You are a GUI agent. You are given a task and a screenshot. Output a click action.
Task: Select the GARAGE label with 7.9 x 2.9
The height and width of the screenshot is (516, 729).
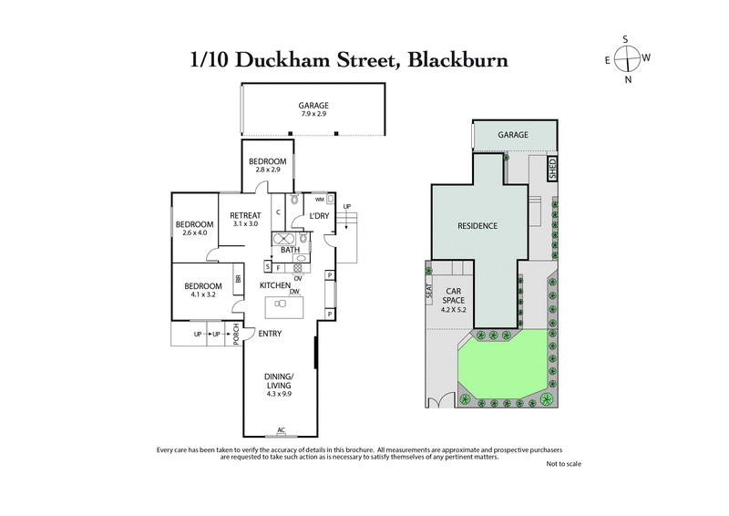313,110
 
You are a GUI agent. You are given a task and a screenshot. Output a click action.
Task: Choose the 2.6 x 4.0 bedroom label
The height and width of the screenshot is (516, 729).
194,228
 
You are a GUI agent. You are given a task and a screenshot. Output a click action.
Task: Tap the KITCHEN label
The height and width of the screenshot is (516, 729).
274,285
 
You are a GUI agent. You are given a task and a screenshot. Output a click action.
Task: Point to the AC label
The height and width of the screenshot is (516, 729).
281,430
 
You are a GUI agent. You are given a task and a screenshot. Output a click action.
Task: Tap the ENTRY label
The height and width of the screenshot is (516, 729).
269,334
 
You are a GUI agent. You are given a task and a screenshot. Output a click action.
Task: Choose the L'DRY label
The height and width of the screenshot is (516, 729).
318,215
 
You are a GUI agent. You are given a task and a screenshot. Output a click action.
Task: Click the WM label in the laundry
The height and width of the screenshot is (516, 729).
320,199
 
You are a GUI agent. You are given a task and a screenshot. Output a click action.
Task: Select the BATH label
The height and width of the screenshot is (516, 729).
290,249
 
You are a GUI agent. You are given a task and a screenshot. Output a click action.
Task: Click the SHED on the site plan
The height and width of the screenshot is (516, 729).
551,168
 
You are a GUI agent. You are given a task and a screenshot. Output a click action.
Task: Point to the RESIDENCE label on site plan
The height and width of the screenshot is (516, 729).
476,225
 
